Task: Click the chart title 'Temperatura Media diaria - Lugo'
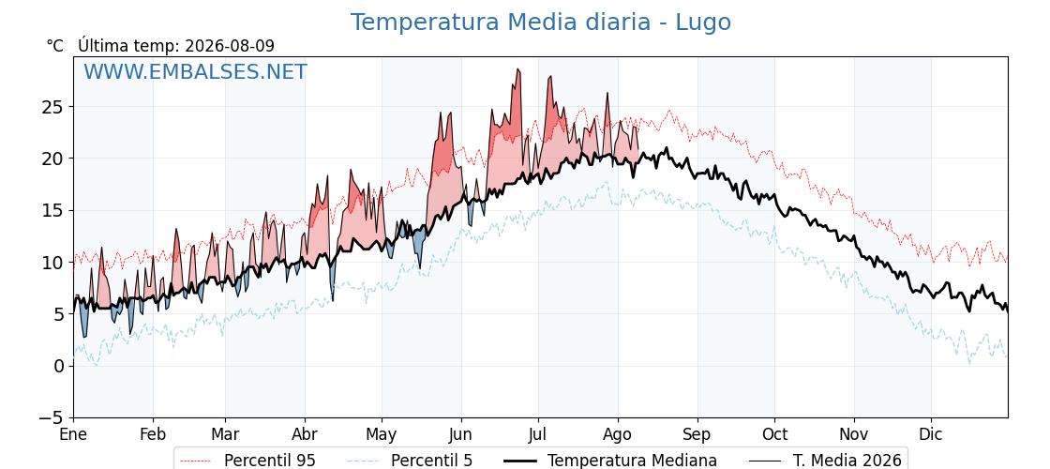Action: [540, 23]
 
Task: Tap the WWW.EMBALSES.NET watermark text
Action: [196, 71]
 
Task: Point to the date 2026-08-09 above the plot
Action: [230, 46]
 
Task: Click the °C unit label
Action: [55, 46]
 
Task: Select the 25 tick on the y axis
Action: [54, 107]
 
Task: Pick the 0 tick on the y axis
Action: [60, 367]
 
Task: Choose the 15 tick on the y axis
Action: [54, 211]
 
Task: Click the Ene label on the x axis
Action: [74, 435]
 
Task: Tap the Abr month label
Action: [305, 435]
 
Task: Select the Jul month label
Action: [538, 435]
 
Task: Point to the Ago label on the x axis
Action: [618, 435]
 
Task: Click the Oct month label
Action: [774, 435]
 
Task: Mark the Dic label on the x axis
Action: [931, 435]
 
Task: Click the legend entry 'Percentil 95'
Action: [269, 461]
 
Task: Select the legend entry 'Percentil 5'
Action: [431, 461]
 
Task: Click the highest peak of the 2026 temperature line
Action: [517, 69]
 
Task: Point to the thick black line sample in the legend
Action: [519, 461]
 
